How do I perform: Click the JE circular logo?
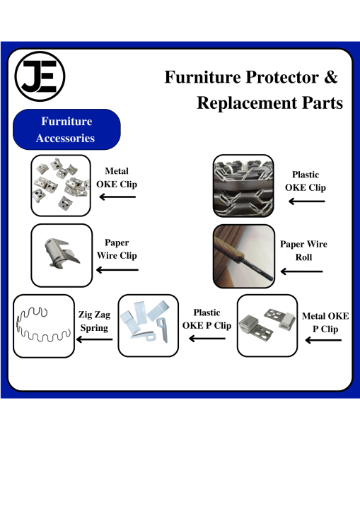click(x=40, y=76)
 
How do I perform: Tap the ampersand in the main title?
click(x=331, y=77)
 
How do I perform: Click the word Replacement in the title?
click(x=247, y=103)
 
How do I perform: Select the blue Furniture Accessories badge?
click(x=66, y=129)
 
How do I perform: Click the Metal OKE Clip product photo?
click(x=61, y=185)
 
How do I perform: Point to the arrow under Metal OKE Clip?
click(x=117, y=197)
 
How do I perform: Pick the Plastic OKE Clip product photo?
click(x=243, y=186)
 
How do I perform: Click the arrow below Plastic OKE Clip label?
click(x=307, y=201)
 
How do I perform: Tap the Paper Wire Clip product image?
click(x=62, y=255)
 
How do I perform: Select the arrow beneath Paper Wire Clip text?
click(x=117, y=270)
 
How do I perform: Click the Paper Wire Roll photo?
click(x=244, y=257)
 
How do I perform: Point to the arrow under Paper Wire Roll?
click(x=301, y=271)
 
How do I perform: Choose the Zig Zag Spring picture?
click(x=44, y=326)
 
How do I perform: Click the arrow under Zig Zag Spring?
click(x=94, y=339)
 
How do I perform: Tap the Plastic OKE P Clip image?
click(x=148, y=326)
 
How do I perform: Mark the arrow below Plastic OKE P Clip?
click(x=207, y=339)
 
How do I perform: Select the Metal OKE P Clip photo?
click(x=267, y=326)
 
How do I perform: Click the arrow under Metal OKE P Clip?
click(x=323, y=340)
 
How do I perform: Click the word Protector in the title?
click(x=282, y=77)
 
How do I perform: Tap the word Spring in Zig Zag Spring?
click(x=94, y=328)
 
